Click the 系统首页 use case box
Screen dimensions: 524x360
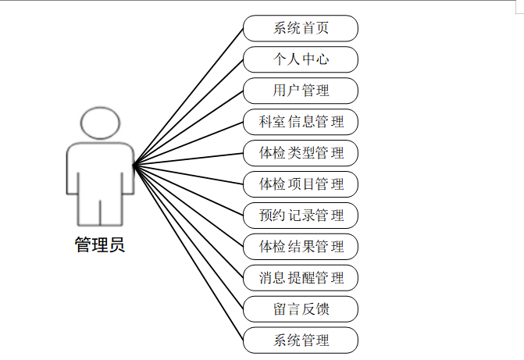pos(301,29)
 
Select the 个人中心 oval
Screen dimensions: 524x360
pos(301,60)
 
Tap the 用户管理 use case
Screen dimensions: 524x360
pos(301,91)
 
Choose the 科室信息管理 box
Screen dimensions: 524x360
pos(301,123)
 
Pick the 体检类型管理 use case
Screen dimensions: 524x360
pos(301,153)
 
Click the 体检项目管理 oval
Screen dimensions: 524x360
pos(301,184)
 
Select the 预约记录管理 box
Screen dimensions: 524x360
pos(301,216)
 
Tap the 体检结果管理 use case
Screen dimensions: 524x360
pos(301,247)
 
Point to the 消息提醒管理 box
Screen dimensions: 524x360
pos(301,278)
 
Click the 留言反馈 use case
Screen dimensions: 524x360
pos(301,309)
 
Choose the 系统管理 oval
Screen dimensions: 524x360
pos(301,340)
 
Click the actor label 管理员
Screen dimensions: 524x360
pos(99,245)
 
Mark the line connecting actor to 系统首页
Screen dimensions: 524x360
pos(188,98)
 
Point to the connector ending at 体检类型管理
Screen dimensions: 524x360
pos(188,159)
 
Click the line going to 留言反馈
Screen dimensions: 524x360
pos(188,236)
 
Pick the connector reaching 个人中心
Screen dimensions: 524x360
pos(188,112)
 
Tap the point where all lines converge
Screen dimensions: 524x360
pos(134,165)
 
